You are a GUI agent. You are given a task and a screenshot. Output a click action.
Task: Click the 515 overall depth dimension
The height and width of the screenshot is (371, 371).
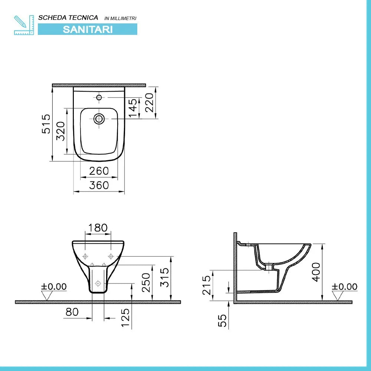coord(45,124)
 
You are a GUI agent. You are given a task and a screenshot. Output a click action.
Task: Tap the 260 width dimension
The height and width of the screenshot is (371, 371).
coord(99,171)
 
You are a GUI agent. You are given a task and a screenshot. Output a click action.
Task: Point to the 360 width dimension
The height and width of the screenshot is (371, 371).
coord(99,185)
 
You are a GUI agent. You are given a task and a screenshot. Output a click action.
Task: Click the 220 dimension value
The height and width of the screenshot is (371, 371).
coord(149,103)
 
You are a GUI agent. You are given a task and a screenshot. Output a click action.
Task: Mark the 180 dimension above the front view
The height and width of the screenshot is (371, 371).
coord(98,227)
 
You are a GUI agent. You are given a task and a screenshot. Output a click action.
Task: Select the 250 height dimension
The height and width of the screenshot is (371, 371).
coord(146,282)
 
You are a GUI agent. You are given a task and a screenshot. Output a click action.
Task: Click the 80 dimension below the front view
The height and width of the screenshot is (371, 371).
coord(72,312)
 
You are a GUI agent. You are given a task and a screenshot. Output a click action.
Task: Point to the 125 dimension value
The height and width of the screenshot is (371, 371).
coord(125,318)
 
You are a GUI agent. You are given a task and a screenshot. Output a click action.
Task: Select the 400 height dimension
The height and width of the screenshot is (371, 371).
coord(316,272)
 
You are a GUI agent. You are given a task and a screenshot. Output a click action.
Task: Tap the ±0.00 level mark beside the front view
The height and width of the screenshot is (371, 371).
coord(54,286)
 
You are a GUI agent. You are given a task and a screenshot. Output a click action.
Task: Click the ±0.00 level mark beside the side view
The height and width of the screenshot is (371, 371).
coord(345,286)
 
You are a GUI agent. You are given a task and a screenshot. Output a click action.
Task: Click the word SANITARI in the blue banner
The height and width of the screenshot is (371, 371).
coord(88,29)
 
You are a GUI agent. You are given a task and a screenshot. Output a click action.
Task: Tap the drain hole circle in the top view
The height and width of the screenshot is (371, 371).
coord(99,119)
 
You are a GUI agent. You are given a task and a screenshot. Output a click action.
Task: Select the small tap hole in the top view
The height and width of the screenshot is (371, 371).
coord(99,98)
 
